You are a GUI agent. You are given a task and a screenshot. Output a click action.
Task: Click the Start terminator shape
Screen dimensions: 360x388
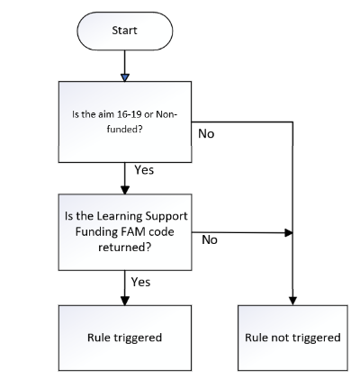coord(125,31)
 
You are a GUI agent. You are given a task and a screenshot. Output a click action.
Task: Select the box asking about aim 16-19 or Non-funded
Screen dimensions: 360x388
coord(125,122)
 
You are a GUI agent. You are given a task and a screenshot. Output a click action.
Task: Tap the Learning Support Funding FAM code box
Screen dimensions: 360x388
coord(125,232)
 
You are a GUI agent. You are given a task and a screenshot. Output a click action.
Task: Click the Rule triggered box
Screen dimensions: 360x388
coord(125,338)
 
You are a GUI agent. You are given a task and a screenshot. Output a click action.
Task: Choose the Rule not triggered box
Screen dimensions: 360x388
coord(292,338)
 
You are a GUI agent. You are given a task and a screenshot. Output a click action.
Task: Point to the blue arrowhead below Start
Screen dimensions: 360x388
coord(125,77)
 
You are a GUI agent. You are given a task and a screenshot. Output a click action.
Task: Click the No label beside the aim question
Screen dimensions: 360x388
coord(206,134)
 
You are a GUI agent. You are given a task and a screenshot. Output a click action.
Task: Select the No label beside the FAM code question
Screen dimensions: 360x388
coord(210,239)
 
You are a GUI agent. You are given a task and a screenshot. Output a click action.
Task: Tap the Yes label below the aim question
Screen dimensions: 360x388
coord(144,170)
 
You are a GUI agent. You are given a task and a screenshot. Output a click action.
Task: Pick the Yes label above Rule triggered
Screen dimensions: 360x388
coord(140,282)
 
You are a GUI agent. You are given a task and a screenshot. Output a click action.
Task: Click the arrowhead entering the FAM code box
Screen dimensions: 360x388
coord(125,190)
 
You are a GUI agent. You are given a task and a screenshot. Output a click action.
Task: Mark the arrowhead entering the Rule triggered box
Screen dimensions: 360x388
coord(125,301)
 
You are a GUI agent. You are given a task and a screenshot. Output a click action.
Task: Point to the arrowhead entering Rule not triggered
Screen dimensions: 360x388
coord(292,301)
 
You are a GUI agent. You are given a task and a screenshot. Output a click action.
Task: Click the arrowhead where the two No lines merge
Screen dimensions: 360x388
coord(289,232)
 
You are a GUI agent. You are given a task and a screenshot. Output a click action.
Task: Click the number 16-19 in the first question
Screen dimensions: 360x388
coord(130,114)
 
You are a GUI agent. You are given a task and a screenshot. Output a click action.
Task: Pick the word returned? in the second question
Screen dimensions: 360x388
coord(125,248)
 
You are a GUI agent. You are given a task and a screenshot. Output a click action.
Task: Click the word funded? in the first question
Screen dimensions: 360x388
coord(124,130)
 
